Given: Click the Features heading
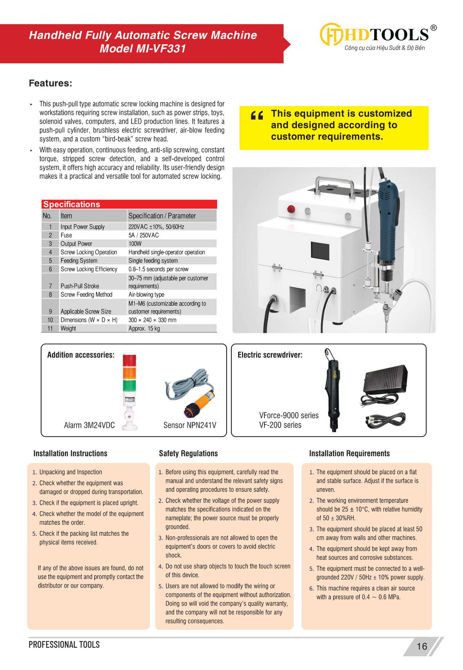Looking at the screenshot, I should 50,83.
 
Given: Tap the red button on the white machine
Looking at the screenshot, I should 291,209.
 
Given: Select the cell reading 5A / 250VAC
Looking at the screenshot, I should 144,235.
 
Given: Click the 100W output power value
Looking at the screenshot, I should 135,244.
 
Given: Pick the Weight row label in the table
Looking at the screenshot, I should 68,328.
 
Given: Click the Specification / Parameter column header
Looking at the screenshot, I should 162,216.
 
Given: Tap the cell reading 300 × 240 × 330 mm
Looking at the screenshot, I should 152,320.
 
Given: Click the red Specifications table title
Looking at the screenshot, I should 72,204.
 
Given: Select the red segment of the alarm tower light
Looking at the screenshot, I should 130,360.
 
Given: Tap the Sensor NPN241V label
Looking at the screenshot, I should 190,425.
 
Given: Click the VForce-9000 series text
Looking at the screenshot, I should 289,415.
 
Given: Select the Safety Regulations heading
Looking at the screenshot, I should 188,453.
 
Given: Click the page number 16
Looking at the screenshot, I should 422,646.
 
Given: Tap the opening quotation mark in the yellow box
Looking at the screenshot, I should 257,116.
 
